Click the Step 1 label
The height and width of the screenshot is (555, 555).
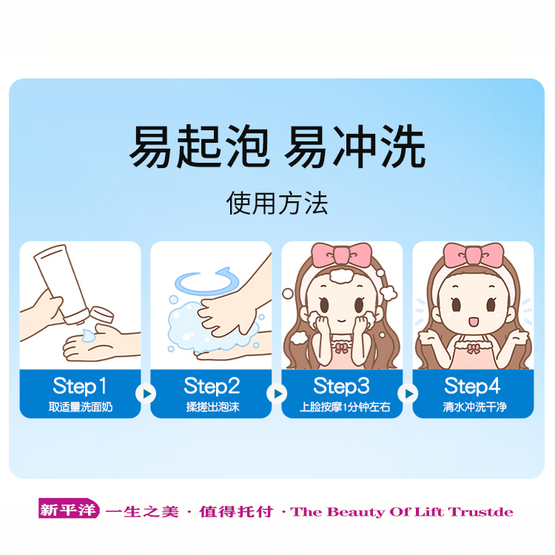[x=80, y=386]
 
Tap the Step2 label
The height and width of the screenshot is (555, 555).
[x=212, y=386]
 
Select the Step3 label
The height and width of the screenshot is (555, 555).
[x=342, y=386]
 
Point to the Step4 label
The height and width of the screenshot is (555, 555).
[x=473, y=386]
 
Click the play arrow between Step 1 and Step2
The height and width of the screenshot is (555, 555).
[x=146, y=394]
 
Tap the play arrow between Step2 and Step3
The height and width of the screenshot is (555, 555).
[x=277, y=394]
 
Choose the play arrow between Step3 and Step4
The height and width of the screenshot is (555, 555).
[x=408, y=394]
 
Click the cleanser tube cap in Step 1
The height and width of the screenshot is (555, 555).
[x=101, y=314]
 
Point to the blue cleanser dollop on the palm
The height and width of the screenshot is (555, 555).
[x=89, y=335]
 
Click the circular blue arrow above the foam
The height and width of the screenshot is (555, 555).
[x=206, y=282]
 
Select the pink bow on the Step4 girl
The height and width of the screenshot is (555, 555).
[x=474, y=254]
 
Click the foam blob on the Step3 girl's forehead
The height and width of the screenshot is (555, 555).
[x=342, y=276]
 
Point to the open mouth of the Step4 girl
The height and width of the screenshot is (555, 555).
[x=474, y=322]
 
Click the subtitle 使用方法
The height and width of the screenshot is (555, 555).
[x=277, y=203]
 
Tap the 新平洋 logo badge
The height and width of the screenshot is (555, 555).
[x=69, y=508]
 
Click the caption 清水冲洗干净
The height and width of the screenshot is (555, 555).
[x=474, y=407]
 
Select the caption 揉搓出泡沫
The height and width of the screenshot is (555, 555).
[x=212, y=407]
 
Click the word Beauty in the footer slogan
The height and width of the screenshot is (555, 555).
[x=355, y=512]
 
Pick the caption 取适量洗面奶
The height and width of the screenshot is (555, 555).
[x=81, y=407]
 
